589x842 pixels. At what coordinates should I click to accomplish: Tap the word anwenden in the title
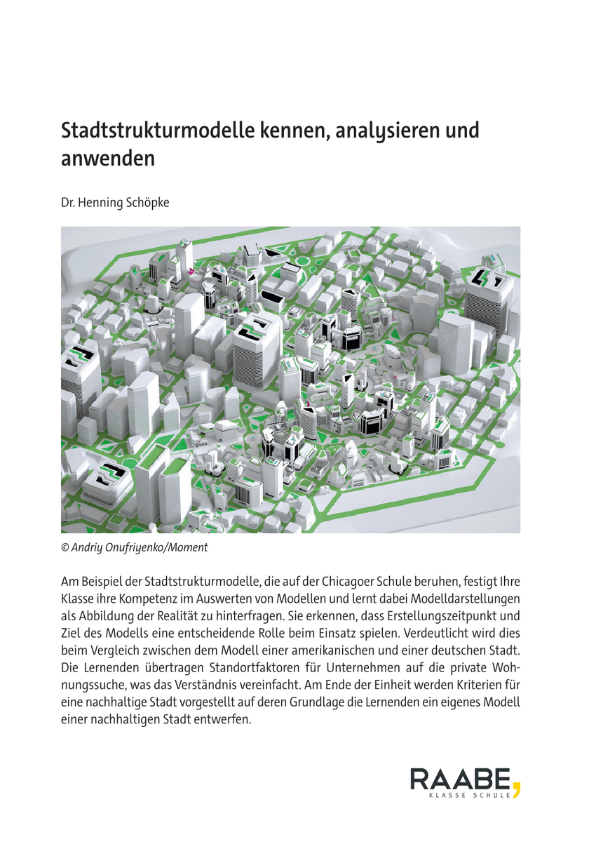(x=107, y=159)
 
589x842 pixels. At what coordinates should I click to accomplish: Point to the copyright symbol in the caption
(x=65, y=547)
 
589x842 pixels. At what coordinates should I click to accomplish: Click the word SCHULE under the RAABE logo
(x=492, y=797)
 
